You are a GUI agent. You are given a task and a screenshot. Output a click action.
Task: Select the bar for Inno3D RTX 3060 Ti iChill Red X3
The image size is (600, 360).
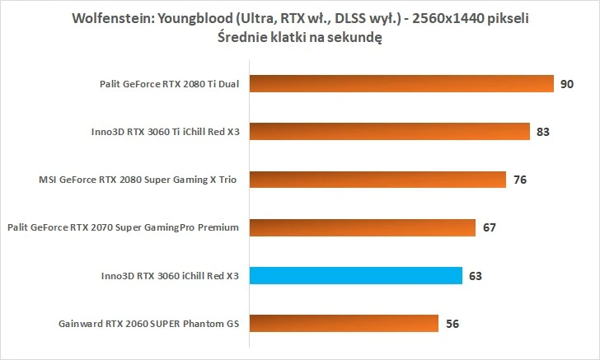(387, 132)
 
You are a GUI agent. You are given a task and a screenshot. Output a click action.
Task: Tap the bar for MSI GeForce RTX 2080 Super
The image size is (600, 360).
(376, 179)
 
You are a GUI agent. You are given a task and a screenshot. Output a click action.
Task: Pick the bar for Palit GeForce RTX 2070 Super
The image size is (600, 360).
(361, 227)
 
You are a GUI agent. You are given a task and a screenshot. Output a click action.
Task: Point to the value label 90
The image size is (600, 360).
(567, 84)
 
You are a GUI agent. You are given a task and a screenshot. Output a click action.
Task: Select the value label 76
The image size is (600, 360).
(519, 179)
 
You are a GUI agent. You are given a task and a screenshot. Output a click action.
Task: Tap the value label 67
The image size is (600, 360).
(489, 227)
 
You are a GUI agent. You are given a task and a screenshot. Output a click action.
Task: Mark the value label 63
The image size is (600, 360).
(476, 275)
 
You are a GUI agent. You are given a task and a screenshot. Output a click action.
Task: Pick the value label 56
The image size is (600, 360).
(452, 323)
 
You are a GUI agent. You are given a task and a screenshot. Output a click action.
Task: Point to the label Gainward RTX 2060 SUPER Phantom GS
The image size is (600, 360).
(148, 323)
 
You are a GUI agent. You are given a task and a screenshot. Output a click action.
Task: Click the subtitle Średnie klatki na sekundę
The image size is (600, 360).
(300, 36)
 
